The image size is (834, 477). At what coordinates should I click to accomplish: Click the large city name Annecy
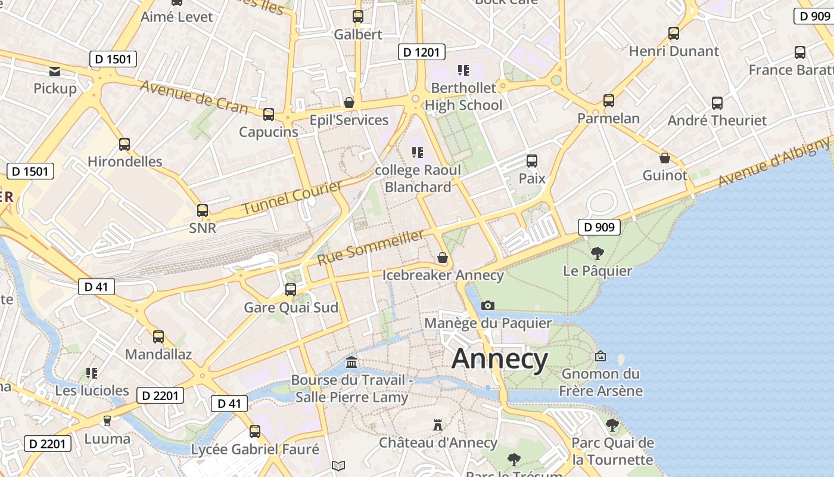(499, 359)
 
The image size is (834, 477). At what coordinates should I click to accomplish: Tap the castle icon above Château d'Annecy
(438, 425)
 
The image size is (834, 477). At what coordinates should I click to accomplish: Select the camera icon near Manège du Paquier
(487, 305)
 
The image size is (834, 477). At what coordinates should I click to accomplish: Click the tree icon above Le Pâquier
(597, 253)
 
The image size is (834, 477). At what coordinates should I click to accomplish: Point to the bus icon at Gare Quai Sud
(291, 290)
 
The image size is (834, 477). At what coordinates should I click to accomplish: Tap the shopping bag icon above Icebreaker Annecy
(442, 258)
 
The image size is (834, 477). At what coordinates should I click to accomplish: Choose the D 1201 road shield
(422, 52)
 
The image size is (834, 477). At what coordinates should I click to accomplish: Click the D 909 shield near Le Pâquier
(599, 227)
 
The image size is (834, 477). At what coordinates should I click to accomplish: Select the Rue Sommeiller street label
(371, 247)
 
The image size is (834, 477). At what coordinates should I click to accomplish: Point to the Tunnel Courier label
(292, 198)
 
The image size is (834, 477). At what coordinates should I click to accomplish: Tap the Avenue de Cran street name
(194, 97)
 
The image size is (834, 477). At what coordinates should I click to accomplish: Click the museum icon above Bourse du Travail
(351, 362)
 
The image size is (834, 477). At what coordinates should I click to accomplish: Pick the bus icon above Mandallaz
(158, 336)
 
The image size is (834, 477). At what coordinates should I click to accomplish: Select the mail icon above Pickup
(55, 72)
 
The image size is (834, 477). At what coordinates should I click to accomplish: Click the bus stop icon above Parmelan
(608, 101)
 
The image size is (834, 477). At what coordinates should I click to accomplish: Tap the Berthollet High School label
(463, 97)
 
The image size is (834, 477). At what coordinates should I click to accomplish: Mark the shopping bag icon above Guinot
(664, 158)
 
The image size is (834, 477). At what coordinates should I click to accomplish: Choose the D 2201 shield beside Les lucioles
(160, 395)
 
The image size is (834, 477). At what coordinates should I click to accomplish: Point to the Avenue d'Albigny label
(774, 162)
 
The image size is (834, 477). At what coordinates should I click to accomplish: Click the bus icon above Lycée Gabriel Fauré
(255, 431)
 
